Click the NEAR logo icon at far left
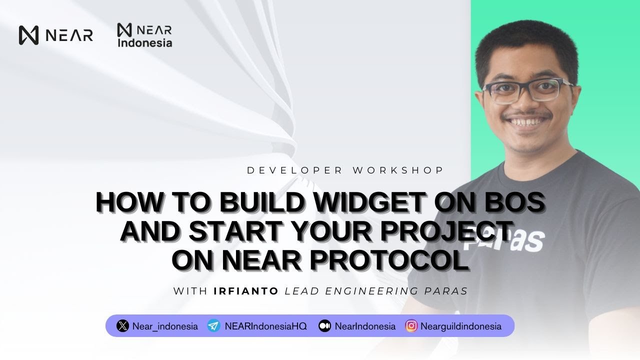click(29, 35)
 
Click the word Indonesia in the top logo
click(145, 43)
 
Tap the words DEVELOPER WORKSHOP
click(345, 170)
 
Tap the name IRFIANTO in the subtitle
click(246, 291)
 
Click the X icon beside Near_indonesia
click(122, 326)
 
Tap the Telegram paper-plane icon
click(213, 326)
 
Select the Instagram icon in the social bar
click(411, 326)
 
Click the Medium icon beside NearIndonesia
click(324, 326)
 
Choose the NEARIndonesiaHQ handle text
click(265, 326)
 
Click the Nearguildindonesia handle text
click(461, 326)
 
